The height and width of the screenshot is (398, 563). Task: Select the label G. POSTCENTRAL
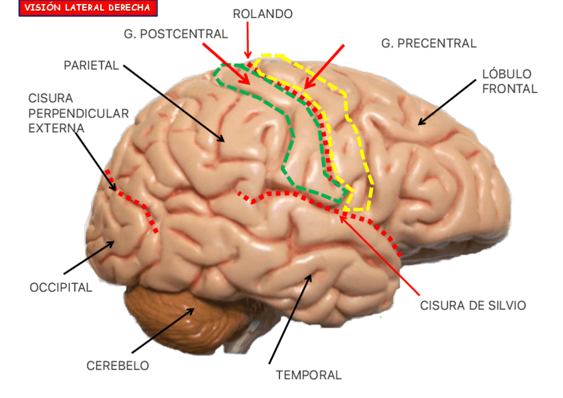pyautogui.click(x=175, y=33)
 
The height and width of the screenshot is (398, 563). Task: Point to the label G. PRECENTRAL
pyautogui.click(x=428, y=44)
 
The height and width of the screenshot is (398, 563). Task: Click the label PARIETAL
pyautogui.click(x=91, y=66)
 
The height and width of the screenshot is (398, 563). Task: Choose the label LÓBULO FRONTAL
pyautogui.click(x=509, y=81)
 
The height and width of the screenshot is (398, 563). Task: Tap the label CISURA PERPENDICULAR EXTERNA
pyautogui.click(x=78, y=112)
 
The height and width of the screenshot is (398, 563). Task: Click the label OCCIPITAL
pyautogui.click(x=61, y=288)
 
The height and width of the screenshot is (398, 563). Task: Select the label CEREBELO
pyautogui.click(x=118, y=366)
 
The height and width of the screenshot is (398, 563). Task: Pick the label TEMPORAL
pyautogui.click(x=308, y=375)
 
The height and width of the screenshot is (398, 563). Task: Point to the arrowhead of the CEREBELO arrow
pyautogui.click(x=194, y=308)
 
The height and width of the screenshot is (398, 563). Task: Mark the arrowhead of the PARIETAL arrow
pyautogui.click(x=224, y=141)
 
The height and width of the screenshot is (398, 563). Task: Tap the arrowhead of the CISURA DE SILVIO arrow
pyautogui.click(x=341, y=215)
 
